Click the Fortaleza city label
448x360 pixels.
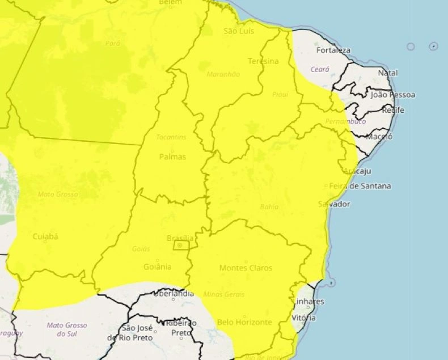pos(333,50)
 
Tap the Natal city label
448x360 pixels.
pos(388,73)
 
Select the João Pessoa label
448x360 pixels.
pos(392,95)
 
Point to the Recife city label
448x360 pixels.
pos(392,110)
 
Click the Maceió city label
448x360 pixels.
pos(379,137)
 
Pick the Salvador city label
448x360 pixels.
pos(334,204)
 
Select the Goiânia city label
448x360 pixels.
pos(158,267)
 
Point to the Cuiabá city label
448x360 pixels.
pos(45,236)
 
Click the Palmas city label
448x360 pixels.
pos(172,156)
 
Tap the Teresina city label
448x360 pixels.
pos(263,61)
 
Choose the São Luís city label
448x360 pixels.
pos(238,31)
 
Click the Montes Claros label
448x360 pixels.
pos(246,268)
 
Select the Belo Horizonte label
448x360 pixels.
pos(244,322)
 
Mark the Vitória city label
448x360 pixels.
pos(304,319)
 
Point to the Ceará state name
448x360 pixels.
pos(320,69)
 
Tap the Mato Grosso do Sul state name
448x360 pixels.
pos(67,329)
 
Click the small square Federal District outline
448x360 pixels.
pos(181,245)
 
